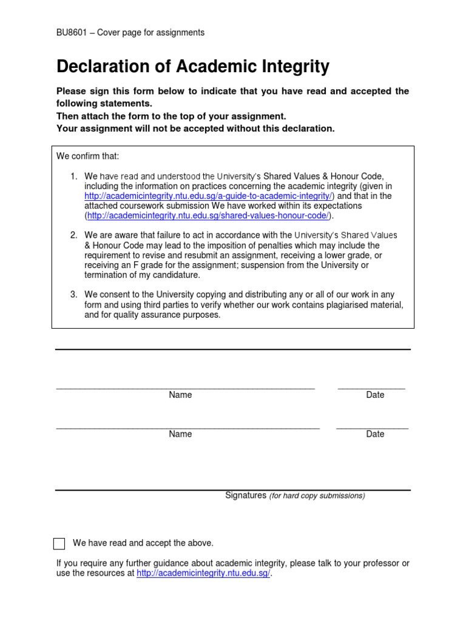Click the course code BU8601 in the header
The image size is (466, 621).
70,33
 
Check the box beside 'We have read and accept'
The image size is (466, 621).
59,543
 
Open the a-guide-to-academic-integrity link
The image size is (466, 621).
208,196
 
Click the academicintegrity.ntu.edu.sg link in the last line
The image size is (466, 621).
203,573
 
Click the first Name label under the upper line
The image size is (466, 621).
180,395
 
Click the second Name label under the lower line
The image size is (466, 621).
180,434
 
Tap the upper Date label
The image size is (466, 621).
375,395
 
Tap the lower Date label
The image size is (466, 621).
375,434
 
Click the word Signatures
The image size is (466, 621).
246,495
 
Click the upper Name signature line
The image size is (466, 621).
185,387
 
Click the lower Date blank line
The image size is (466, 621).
372,427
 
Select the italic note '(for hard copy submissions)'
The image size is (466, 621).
317,496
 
